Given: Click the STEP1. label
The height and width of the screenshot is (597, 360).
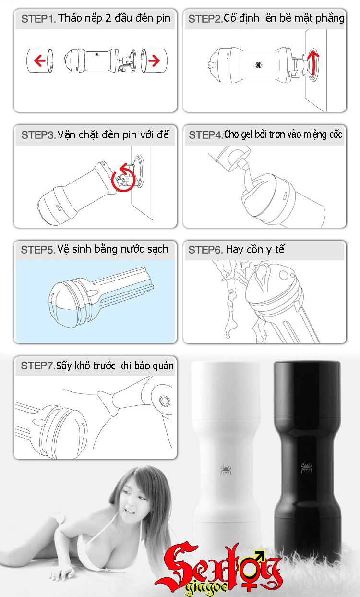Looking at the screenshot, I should [39, 19].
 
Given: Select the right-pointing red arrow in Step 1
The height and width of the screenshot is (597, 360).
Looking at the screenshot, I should [153, 61].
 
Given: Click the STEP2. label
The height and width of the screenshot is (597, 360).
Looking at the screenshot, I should [205, 19].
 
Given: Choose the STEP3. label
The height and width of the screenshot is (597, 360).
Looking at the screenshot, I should [39, 135].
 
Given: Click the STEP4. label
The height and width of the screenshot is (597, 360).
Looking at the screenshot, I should [206, 135].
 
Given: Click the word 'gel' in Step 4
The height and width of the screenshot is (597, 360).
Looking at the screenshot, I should [246, 134].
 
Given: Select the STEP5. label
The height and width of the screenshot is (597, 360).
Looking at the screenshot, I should [38, 250].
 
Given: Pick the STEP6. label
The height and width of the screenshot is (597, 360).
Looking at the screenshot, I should [205, 250].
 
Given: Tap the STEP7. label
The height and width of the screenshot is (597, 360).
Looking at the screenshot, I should [38, 366].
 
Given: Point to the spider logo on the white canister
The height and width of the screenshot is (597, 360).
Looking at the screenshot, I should [225, 469].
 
